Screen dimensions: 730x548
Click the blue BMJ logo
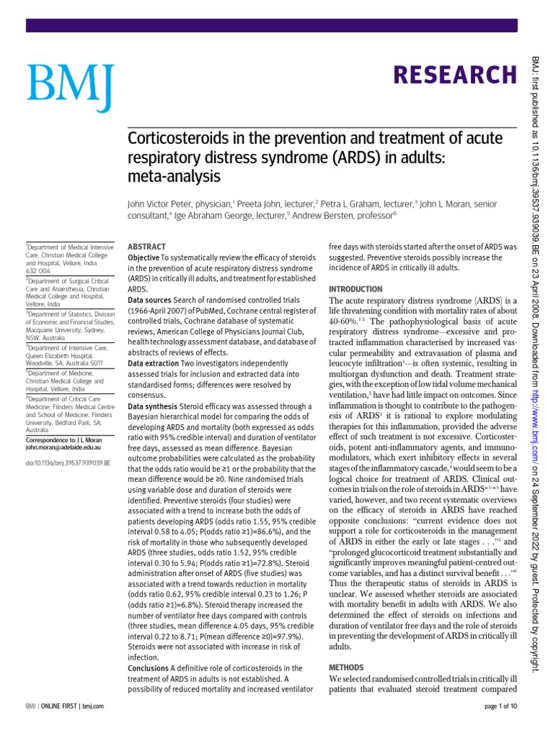click(69, 87)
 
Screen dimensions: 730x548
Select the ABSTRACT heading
click(146, 245)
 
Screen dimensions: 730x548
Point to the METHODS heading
click(347, 667)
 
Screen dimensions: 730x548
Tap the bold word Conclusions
click(148, 668)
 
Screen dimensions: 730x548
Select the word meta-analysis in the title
click(173, 175)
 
